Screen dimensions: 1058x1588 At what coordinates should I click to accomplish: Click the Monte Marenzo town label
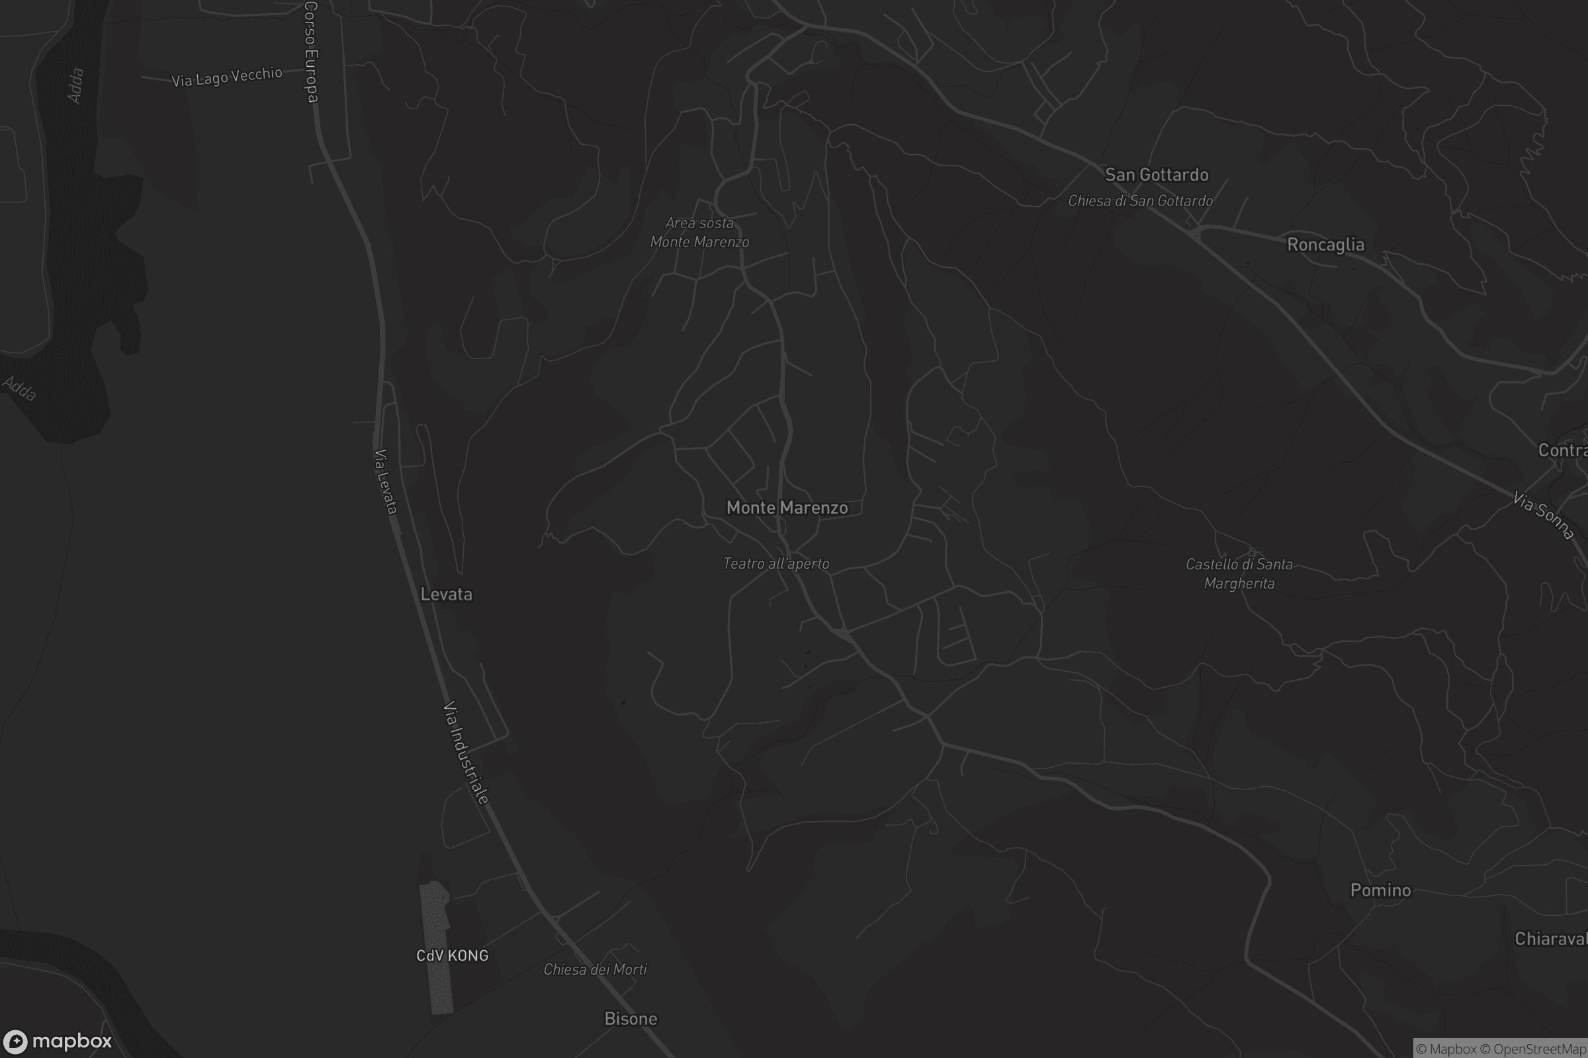click(x=787, y=507)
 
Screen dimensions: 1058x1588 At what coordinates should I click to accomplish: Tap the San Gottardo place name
click(x=1156, y=175)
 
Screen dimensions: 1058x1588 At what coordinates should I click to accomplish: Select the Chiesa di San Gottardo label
click(x=1139, y=201)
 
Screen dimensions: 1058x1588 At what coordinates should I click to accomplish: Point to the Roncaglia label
click(x=1325, y=244)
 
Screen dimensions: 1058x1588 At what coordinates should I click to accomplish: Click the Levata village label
click(x=445, y=594)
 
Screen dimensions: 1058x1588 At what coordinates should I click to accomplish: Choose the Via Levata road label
click(x=385, y=481)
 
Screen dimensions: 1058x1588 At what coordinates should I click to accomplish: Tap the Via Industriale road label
click(x=465, y=753)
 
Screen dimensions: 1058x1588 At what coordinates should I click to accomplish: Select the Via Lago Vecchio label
click(x=226, y=76)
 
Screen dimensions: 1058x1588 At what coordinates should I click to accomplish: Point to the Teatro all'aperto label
click(x=775, y=563)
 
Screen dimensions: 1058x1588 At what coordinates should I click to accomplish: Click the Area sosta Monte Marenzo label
click(x=699, y=232)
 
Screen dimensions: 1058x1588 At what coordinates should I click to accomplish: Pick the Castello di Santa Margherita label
click(x=1239, y=573)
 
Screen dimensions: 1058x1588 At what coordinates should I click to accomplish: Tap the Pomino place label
click(x=1380, y=890)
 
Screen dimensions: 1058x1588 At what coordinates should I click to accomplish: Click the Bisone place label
click(x=630, y=1018)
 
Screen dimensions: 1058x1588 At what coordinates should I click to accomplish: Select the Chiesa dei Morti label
click(x=595, y=969)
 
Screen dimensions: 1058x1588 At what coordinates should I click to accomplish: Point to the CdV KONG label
click(x=452, y=956)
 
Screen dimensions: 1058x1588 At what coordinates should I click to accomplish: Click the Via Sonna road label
click(x=1544, y=516)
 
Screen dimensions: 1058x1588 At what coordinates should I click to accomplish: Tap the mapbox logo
click(x=58, y=1041)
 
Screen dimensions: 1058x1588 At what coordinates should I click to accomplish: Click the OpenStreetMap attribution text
click(x=1540, y=1049)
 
